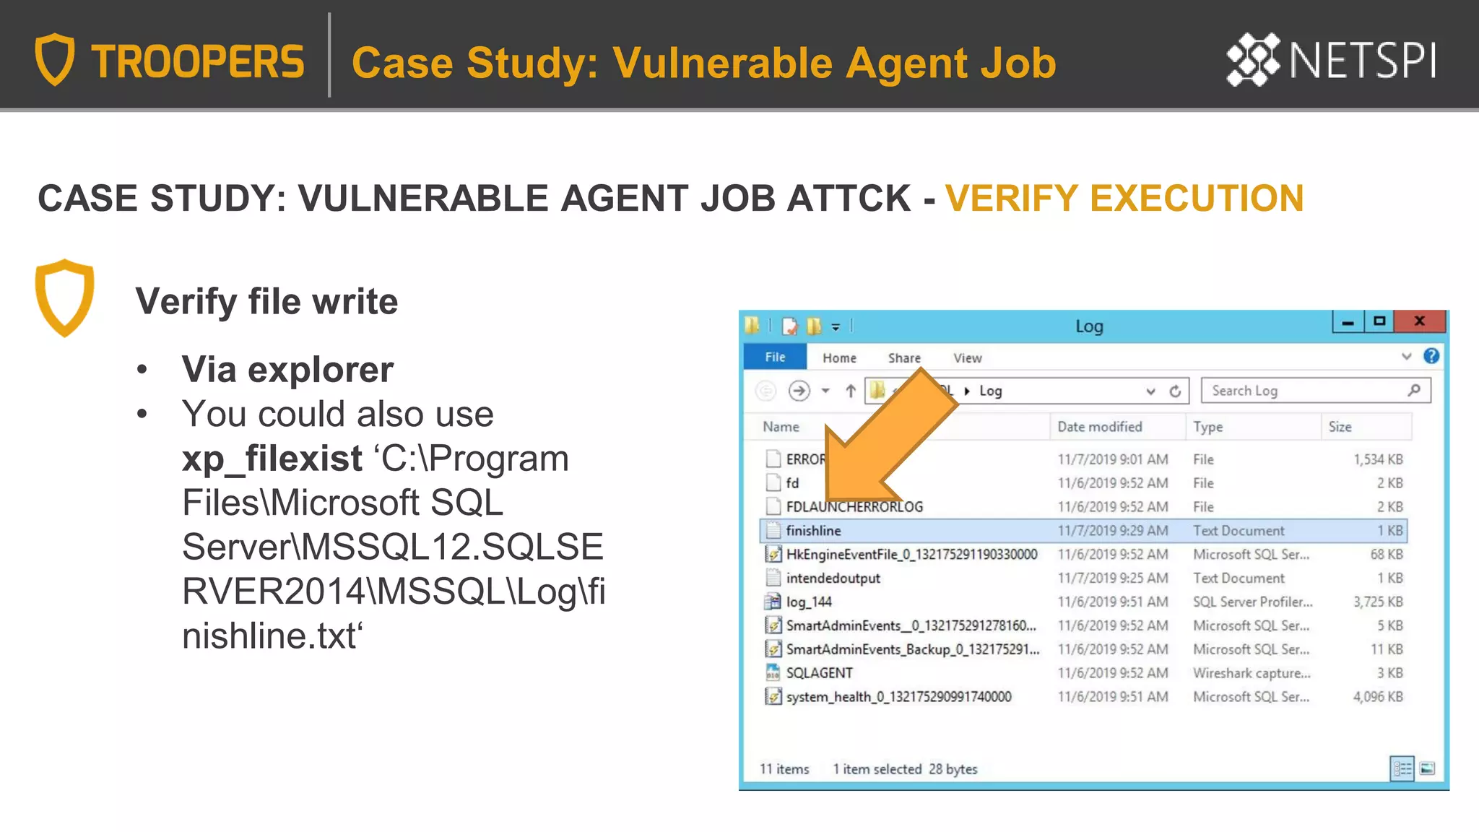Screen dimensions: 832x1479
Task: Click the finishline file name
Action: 813,531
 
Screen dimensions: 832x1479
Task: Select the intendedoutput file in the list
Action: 833,578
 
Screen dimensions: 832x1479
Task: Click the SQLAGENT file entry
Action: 819,673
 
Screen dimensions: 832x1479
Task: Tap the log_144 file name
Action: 809,602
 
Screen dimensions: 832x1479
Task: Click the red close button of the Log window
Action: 1420,321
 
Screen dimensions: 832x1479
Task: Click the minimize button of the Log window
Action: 1348,322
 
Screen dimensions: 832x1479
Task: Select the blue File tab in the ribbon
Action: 775,357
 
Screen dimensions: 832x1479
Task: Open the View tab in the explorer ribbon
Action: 967,358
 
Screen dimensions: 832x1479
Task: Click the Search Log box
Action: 1307,391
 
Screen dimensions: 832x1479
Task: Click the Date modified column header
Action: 1100,427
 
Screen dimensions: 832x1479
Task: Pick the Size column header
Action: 1340,427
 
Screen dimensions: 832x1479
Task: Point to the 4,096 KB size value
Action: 1378,697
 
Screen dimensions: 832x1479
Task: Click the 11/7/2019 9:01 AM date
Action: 1112,459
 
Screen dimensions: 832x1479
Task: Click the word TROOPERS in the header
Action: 198,62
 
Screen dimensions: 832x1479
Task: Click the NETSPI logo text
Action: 1362,61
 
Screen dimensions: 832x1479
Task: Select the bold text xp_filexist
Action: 272,459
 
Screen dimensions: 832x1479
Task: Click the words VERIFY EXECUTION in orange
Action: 1124,199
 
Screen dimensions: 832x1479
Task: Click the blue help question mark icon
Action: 1431,356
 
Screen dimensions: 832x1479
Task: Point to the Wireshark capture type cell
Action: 1252,673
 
